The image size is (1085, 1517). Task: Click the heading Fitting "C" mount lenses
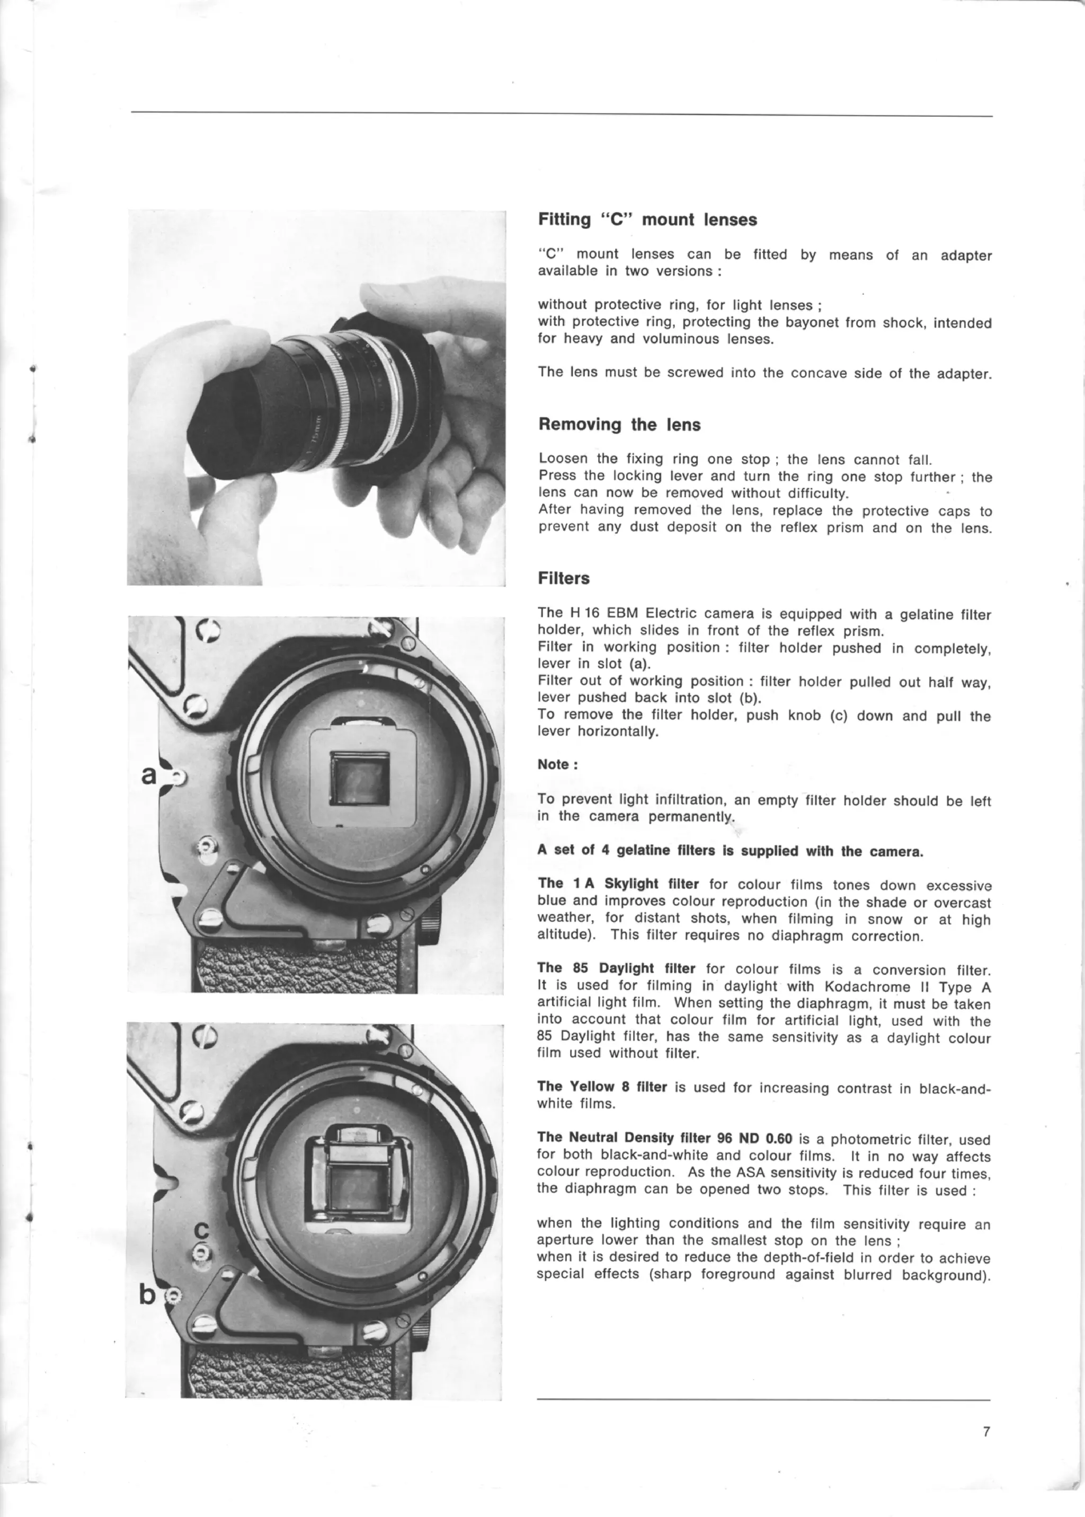[647, 220]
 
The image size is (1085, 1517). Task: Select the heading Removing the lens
[619, 425]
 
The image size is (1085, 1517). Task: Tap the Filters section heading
[563, 579]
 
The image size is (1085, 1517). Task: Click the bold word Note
[553, 764]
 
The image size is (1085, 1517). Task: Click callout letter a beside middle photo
[149, 775]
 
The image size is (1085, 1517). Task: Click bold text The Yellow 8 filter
[602, 1087]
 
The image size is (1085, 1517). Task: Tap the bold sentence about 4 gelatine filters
[730, 851]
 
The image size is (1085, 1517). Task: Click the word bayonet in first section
[812, 323]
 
